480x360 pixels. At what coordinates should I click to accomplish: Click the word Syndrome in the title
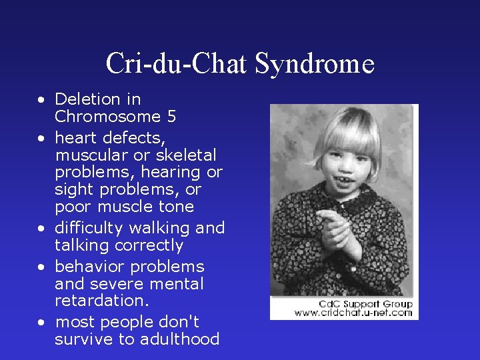(x=315, y=64)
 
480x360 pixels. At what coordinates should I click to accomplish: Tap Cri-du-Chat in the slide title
(x=177, y=64)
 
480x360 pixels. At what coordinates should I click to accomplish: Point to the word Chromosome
(x=107, y=117)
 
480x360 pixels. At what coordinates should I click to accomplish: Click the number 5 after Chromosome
(x=172, y=117)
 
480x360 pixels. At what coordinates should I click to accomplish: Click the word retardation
(x=102, y=301)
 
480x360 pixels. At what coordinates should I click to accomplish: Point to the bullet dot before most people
(x=41, y=323)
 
